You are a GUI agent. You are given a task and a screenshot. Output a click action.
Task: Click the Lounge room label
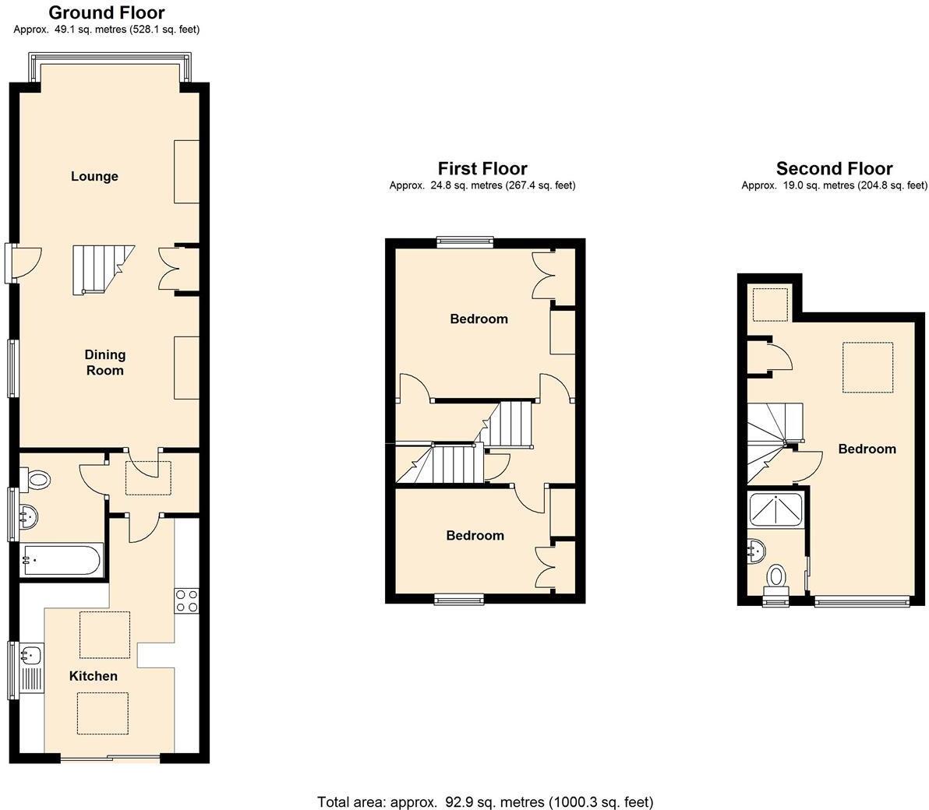pos(94,176)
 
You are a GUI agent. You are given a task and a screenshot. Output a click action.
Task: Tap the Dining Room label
pos(104,362)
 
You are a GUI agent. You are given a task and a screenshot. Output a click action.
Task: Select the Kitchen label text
pos(94,676)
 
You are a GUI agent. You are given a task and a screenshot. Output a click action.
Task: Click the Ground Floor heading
pos(107,12)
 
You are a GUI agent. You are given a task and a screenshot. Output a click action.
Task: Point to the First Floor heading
pos(482,168)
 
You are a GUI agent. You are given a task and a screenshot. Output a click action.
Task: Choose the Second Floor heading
pos(834,168)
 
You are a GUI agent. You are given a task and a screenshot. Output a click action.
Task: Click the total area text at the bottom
pos(485,801)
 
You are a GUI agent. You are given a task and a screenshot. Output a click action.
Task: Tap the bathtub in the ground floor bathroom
pos(62,559)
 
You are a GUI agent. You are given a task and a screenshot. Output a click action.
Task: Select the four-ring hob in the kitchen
pos(186,601)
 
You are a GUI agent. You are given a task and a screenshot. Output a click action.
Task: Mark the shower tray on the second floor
pos(776,510)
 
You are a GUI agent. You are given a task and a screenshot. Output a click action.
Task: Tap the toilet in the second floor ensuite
pos(776,579)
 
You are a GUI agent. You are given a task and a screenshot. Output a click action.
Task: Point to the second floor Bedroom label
pos(867,449)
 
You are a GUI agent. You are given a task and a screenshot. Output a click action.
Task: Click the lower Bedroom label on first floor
pos(475,535)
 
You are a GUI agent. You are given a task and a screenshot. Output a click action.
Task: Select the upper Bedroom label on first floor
pos(479,319)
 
